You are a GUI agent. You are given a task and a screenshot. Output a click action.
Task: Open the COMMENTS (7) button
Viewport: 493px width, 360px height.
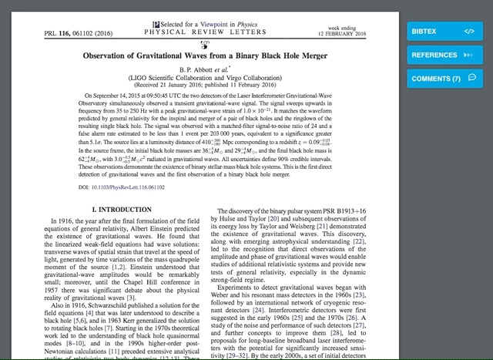436,79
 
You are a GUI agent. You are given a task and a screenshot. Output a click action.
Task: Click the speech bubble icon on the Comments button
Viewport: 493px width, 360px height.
471,78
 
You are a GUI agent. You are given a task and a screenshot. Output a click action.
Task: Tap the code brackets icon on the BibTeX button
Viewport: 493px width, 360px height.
469,31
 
